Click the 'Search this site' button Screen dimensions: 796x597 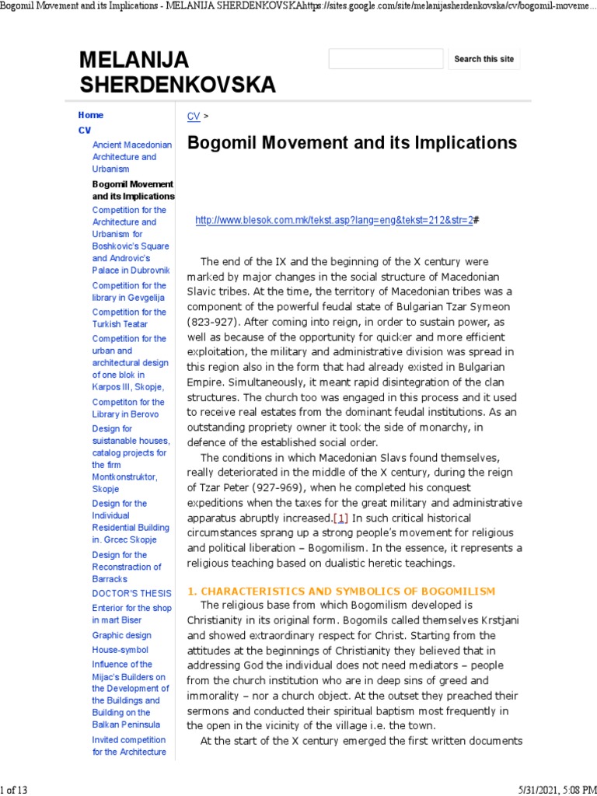pyautogui.click(x=484, y=59)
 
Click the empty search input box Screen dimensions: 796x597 pyautogui.click(x=386, y=59)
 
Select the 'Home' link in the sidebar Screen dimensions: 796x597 pyautogui.click(x=90, y=115)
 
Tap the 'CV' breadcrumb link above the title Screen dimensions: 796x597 pyautogui.click(x=194, y=116)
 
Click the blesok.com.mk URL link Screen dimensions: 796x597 pyautogui.click(x=333, y=221)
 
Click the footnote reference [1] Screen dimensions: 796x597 pyautogui.click(x=340, y=518)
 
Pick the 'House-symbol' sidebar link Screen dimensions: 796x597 pyautogui.click(x=120, y=650)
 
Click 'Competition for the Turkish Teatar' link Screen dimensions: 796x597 pyautogui.click(x=128, y=318)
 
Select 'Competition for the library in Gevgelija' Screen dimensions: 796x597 pyautogui.click(x=128, y=292)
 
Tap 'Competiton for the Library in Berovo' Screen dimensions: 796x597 pyautogui.click(x=128, y=408)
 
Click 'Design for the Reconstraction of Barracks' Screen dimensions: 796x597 pyautogui.click(x=127, y=567)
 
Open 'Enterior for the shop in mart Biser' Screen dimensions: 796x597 pyautogui.click(x=131, y=614)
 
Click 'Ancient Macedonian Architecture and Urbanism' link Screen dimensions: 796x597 pyautogui.click(x=124, y=156)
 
